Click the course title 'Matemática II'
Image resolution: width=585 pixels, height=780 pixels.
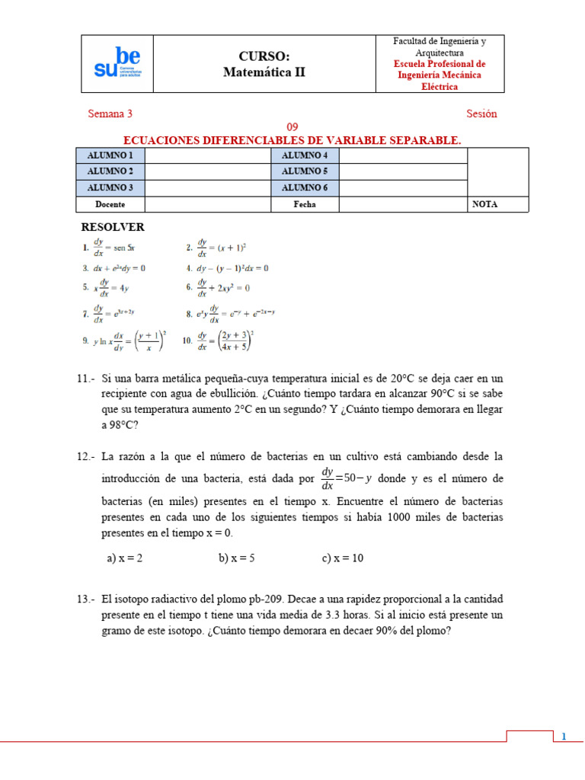pos(264,72)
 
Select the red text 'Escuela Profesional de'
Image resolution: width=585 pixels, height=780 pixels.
pos(440,64)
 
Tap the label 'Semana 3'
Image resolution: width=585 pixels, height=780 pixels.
pos(110,113)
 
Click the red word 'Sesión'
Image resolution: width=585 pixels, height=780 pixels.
pos(481,113)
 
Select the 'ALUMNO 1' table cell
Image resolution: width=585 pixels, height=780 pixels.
pos(110,155)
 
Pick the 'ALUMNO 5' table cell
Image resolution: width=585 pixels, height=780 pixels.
pos(305,171)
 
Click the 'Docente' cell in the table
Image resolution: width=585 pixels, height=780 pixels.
pos(110,204)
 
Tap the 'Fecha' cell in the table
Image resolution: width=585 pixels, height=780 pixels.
pos(305,204)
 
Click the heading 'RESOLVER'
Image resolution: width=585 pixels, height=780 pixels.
pos(113,227)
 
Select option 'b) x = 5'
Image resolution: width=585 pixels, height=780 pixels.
pos(236,558)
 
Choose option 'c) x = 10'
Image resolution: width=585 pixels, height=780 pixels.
pos(343,558)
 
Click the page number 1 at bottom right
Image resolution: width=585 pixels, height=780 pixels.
pos(564,737)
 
